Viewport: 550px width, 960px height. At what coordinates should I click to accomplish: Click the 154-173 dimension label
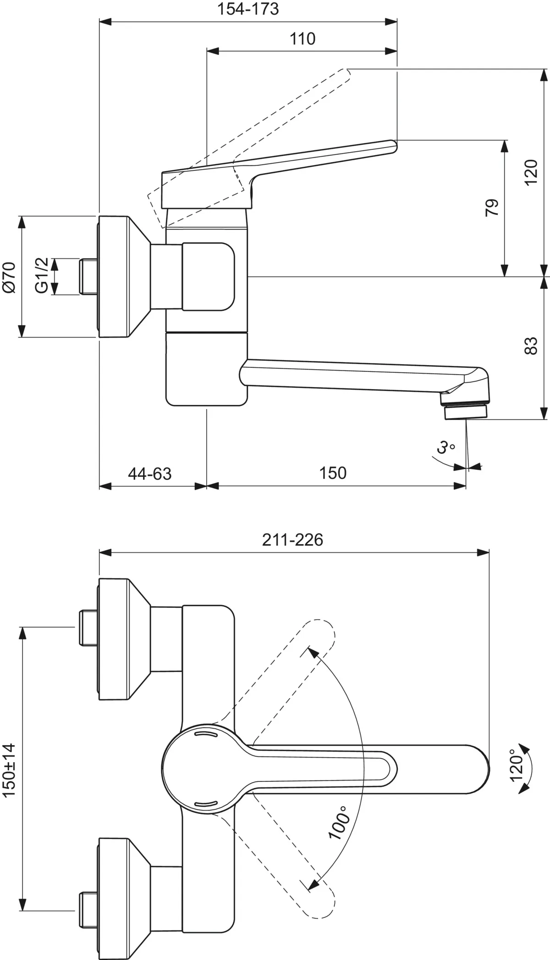click(x=247, y=9)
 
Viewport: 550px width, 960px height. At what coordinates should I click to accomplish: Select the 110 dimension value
click(x=302, y=39)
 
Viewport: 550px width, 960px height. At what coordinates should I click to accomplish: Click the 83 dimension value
click(x=530, y=346)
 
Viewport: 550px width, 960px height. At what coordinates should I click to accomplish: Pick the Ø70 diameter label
click(x=9, y=277)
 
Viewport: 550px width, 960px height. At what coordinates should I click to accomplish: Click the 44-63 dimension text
click(x=149, y=473)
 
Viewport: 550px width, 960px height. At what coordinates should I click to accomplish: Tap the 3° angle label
click(x=445, y=447)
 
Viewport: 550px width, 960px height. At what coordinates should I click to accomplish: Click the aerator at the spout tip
click(x=465, y=413)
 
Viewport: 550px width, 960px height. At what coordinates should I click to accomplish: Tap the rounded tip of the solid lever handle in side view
click(x=393, y=146)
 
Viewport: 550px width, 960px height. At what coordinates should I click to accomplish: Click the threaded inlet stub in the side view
click(x=88, y=277)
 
